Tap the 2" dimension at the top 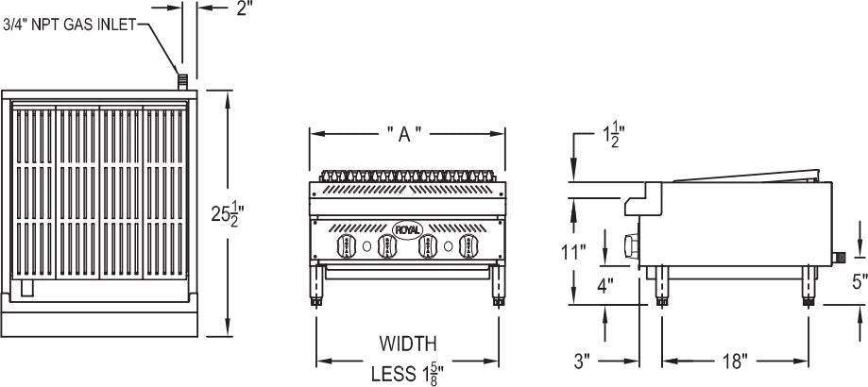point(245,9)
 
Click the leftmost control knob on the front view point(344,246)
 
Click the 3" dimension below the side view point(582,360)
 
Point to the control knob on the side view point(631,247)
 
